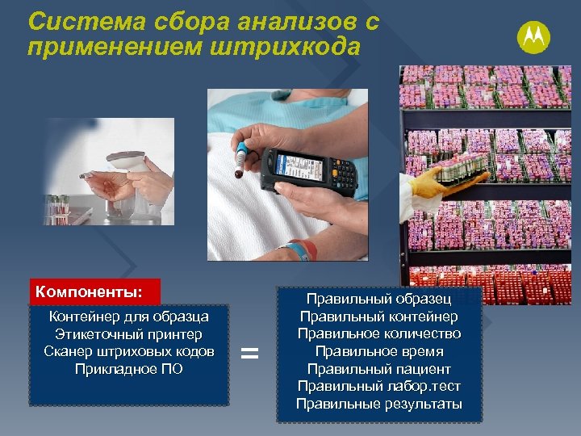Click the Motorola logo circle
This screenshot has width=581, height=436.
[533, 36]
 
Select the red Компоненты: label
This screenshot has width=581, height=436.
[95, 291]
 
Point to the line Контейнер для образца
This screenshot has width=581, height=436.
[129, 317]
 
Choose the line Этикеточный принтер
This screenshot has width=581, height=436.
[129, 334]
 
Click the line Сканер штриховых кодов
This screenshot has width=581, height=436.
[129, 351]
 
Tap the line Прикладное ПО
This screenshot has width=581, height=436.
[129, 369]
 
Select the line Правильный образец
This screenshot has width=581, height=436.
[378, 300]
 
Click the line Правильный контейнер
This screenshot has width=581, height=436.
[378, 317]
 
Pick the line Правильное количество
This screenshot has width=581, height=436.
[378, 333]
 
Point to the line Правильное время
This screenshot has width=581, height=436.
[378, 351]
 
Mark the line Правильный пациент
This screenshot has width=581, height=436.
[378, 369]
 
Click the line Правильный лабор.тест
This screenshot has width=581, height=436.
[378, 386]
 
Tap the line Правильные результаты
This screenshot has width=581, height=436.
[378, 404]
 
